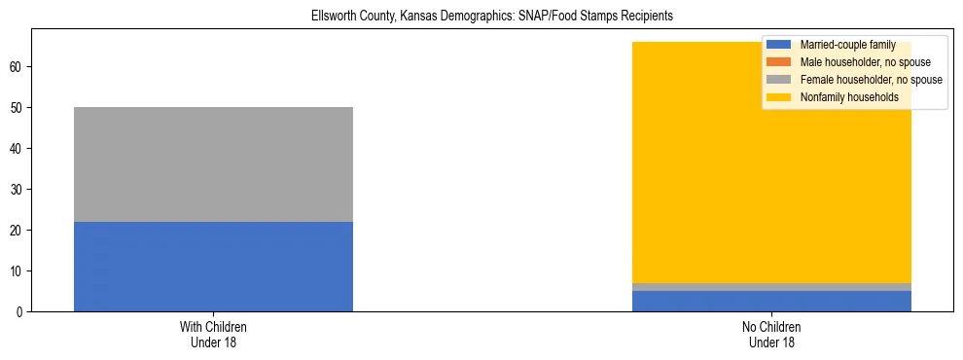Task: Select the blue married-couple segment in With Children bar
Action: tap(213, 266)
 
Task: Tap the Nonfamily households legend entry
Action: tap(842, 97)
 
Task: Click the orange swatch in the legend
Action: tap(778, 62)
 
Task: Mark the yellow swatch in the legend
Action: tap(778, 97)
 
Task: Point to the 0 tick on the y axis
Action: tap(21, 311)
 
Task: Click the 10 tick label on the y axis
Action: tap(18, 270)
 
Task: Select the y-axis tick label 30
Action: tap(18, 189)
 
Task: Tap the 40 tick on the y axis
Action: tap(18, 148)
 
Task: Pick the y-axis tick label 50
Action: tap(18, 107)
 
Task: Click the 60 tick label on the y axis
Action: tap(18, 66)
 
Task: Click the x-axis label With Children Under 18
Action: tap(213, 334)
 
